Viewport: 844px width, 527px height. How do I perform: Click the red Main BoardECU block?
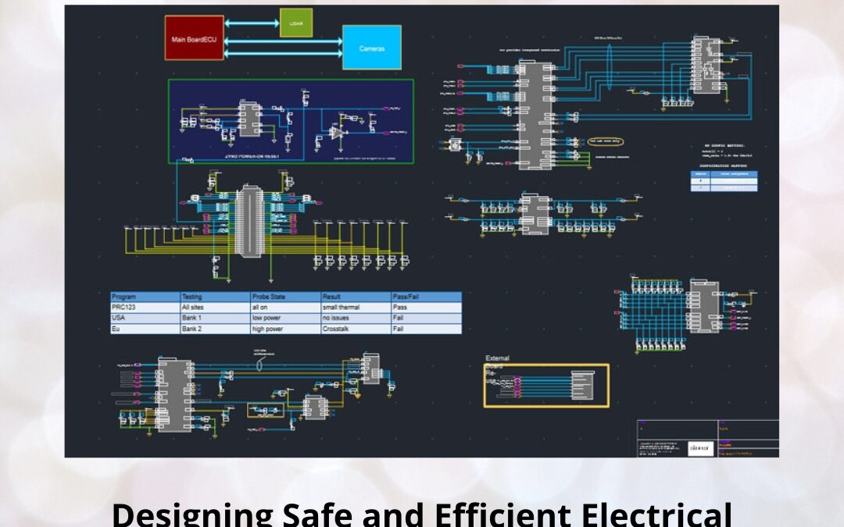(x=194, y=37)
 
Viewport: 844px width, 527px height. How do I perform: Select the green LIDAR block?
(x=296, y=23)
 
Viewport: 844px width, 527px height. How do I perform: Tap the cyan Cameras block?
(x=371, y=48)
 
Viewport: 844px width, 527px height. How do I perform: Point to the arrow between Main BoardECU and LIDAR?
(x=252, y=23)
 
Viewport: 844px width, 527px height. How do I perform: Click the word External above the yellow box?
(x=498, y=358)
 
